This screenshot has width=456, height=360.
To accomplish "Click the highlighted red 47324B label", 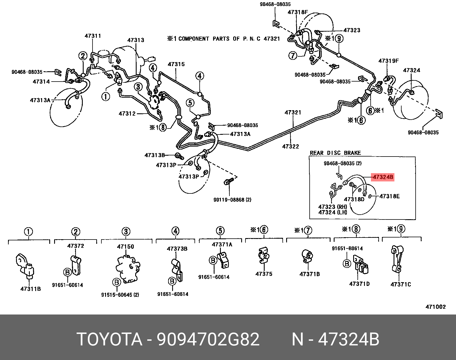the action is pos(383,177).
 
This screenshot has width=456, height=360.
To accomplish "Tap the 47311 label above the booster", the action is pos(93,36).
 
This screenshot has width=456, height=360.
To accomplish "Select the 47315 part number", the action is pos(176,64).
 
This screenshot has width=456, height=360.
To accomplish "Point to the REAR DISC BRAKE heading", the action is pos(335,153).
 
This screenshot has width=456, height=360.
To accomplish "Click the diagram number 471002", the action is pos(435,307).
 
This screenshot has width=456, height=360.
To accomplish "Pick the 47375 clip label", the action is pos(264,274).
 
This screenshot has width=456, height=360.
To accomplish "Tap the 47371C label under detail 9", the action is pos(401,284).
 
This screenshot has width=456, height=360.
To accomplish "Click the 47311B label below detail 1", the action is pos(31,289).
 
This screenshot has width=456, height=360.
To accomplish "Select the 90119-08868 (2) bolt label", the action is pos(232,200).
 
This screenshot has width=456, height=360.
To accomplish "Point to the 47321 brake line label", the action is pos(293,112).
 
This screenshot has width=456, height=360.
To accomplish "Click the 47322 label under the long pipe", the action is pos(290,147).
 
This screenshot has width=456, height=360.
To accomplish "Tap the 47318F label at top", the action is pos(298,12).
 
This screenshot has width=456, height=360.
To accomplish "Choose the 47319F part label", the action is pos(388,61).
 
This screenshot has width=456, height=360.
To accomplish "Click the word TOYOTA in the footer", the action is pos(109,339).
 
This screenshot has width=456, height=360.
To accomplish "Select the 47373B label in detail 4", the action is pos(177,249).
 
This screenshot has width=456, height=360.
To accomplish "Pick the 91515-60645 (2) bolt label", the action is pos(120,295).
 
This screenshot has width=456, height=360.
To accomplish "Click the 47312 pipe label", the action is pos(127,114).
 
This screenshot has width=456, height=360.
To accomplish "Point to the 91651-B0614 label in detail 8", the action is pos(347,248).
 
